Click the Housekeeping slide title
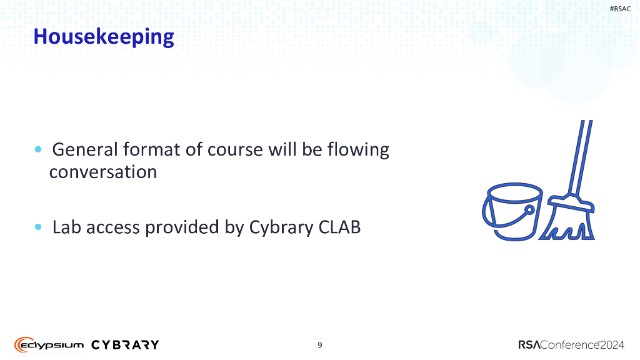(103, 37)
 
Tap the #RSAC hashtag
(619, 8)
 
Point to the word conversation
(103, 172)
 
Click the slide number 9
(320, 345)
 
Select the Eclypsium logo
(49, 344)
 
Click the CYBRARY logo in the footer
(125, 344)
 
